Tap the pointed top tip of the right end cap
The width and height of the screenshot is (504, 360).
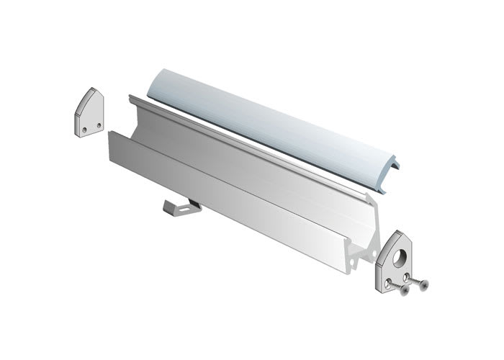tap(398, 231)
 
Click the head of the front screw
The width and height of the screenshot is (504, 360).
tap(404, 291)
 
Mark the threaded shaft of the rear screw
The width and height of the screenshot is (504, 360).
tap(415, 279)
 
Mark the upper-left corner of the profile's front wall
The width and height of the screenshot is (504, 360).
tap(109, 132)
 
